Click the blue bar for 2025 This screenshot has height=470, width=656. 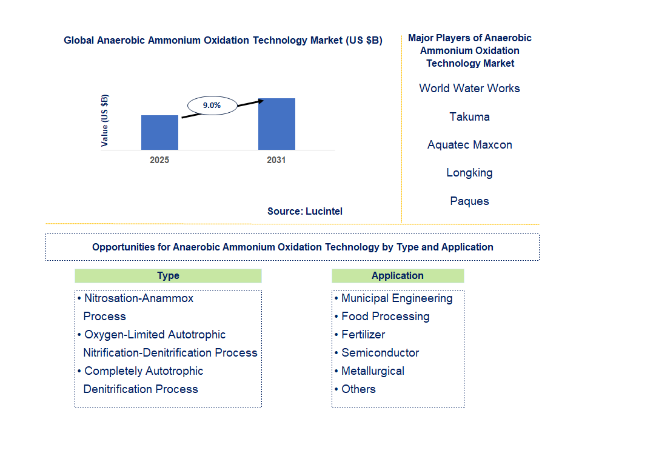coord(159,132)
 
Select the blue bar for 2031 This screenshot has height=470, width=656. coord(276,124)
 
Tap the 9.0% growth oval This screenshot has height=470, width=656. coord(212,106)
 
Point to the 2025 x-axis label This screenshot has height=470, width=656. coord(159,161)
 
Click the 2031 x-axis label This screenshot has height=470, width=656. coord(276,161)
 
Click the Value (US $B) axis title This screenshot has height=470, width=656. coord(105,121)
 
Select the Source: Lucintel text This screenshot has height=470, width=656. coord(305,212)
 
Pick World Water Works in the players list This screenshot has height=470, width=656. coord(469,89)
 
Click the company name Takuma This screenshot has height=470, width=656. coord(469,116)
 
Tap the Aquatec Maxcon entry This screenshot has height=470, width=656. coord(469,145)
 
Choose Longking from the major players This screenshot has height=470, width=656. coord(469,173)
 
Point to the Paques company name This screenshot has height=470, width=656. coord(469,201)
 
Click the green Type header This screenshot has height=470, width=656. coord(168,276)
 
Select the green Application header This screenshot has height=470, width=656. coord(398,276)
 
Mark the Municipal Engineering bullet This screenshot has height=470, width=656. coord(397,298)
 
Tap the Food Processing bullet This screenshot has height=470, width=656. coord(385,317)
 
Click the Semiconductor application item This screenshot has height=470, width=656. coord(380,353)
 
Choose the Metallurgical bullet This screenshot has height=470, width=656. coord(372,371)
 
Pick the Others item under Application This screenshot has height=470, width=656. coord(358,389)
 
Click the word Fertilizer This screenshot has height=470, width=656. coord(363,335)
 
